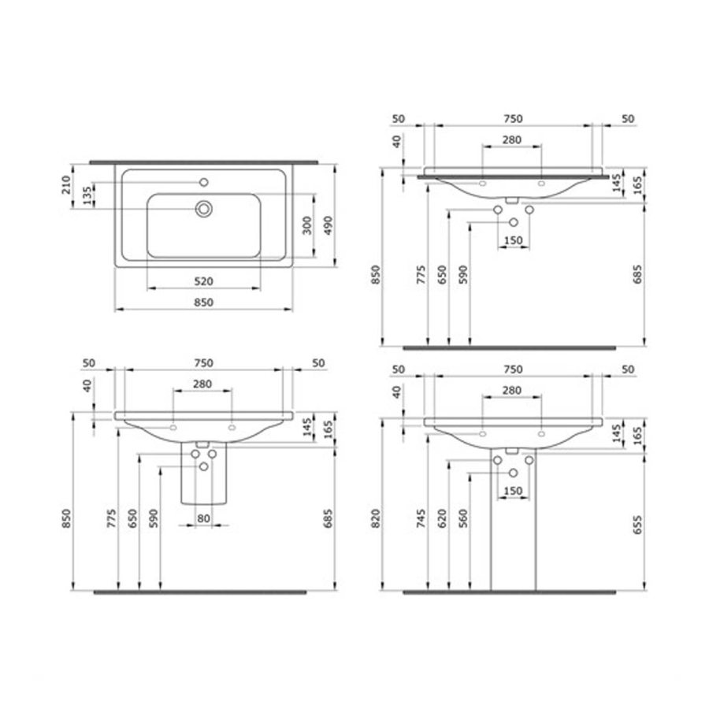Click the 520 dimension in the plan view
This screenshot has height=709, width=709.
(x=203, y=281)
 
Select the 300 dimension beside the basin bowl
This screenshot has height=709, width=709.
(x=307, y=225)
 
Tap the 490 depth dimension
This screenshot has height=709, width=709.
(x=329, y=225)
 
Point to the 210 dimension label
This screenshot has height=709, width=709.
(x=66, y=185)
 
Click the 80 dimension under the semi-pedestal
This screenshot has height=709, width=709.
(x=203, y=518)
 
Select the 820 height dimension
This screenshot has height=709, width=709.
(x=375, y=518)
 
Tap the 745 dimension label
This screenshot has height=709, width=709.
(x=421, y=518)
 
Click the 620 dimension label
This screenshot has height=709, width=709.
(x=442, y=518)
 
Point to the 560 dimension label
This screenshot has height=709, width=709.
(x=462, y=518)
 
